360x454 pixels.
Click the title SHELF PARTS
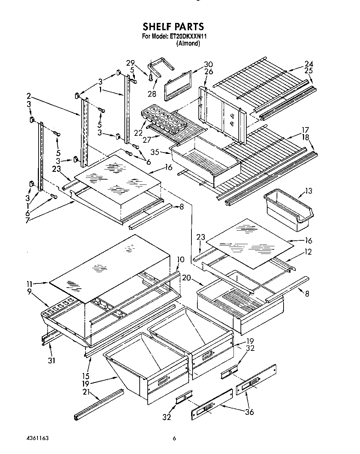point(173,26)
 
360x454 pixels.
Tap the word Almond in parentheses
point(188,43)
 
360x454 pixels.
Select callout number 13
point(308,191)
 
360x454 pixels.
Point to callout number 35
point(155,152)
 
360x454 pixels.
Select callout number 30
point(208,64)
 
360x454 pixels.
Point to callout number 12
point(308,252)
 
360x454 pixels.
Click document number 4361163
point(36,438)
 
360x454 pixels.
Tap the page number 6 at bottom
point(174,439)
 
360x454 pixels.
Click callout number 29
point(130,63)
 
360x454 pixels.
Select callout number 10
point(180,259)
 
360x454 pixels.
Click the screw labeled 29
point(151,77)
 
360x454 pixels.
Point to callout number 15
point(86,376)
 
